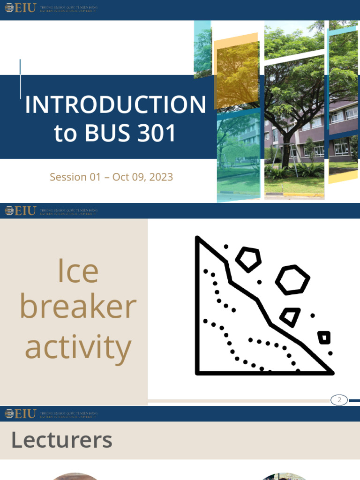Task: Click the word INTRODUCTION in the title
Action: (115, 105)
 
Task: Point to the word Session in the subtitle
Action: (68, 177)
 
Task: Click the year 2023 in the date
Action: (160, 177)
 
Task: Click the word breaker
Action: (78, 307)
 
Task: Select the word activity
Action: (78, 348)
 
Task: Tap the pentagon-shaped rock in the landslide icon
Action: (248, 259)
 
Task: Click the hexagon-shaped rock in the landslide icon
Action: (292, 280)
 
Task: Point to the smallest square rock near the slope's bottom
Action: (324, 337)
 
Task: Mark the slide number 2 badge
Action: (339, 400)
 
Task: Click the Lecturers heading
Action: (61, 440)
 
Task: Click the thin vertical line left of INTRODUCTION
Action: (20, 79)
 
